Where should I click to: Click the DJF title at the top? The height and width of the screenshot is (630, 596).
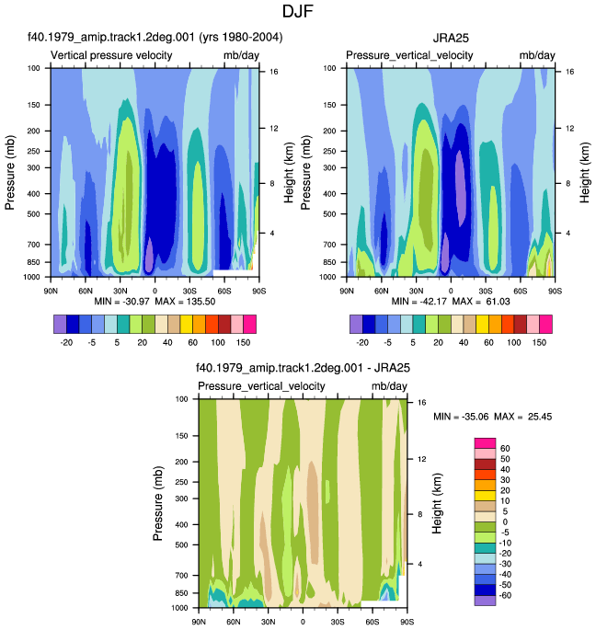[x=297, y=11]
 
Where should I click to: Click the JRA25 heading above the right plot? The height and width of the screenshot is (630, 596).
[x=451, y=39]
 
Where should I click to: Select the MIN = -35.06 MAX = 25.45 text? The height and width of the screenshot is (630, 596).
[x=492, y=417]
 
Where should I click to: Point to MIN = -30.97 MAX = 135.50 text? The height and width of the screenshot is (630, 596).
[x=155, y=302]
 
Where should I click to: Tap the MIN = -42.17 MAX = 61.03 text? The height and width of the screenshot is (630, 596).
[x=451, y=302]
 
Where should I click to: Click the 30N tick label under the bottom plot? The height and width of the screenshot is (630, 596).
[x=268, y=622]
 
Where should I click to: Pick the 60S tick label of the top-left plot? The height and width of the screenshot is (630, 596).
[x=224, y=291]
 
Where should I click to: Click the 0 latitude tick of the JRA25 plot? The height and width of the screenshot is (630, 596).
[x=451, y=291]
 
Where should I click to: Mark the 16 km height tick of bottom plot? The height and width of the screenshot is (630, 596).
[x=421, y=403]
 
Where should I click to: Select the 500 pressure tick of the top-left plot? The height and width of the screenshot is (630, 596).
[x=34, y=214]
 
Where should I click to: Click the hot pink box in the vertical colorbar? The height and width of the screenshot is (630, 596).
[x=485, y=443]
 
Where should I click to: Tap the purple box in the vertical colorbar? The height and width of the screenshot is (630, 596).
[x=485, y=601]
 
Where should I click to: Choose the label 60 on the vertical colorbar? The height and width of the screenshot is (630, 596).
[x=505, y=449]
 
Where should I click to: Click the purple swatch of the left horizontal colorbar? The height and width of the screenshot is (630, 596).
[x=60, y=325]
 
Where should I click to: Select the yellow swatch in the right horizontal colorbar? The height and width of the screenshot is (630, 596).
[x=482, y=325]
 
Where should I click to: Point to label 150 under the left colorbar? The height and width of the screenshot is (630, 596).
[x=243, y=343]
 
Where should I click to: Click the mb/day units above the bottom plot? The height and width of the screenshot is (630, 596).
[x=389, y=386]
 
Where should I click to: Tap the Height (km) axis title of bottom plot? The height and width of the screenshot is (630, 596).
[x=437, y=503]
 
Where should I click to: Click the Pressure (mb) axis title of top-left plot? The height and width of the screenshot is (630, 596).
[x=9, y=173]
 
